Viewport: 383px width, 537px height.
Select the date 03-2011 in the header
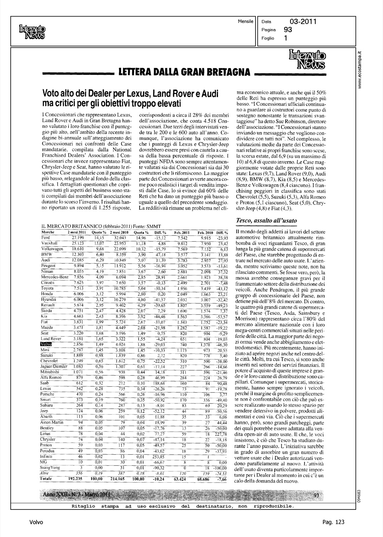[302, 22]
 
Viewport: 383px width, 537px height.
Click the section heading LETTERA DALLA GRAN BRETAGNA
[182, 73]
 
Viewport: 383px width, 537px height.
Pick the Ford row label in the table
[46, 238]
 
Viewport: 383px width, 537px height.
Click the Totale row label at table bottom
[47, 479]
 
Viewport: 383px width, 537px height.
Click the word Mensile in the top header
[246, 22]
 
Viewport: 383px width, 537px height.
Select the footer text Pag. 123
[332, 522]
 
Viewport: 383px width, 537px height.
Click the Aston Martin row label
[52, 422]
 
